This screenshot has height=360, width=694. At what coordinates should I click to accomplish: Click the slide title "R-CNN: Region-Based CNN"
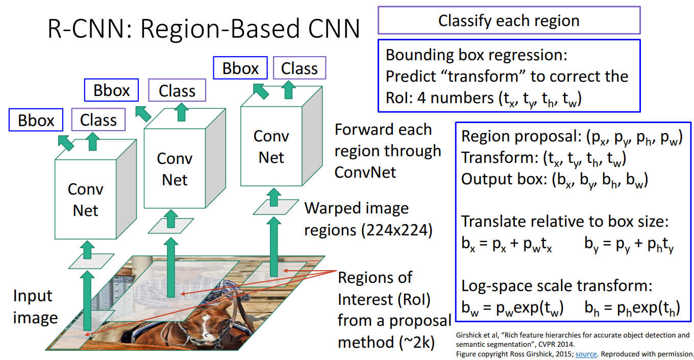204,29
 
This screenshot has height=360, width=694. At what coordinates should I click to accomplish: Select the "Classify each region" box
509,20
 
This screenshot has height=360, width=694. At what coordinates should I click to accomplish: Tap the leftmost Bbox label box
36,121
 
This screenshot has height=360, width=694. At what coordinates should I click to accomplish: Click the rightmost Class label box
299,68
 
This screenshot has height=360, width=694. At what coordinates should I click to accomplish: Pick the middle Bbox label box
111,91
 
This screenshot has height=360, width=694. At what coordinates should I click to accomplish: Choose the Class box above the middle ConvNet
177,91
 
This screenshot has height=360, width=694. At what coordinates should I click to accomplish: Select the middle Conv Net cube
175,169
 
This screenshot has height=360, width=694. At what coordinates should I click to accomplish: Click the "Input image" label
34,307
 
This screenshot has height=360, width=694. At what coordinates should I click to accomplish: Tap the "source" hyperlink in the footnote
586,353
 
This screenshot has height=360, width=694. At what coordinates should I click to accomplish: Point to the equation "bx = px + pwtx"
506,246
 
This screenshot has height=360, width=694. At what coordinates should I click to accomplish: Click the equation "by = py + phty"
629,246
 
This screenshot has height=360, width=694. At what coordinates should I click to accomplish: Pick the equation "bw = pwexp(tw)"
512,308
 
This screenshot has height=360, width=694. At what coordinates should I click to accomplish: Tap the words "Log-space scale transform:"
557,285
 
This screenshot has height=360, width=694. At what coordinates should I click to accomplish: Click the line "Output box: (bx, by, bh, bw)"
554,180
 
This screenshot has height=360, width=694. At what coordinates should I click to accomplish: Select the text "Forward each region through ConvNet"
387,151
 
